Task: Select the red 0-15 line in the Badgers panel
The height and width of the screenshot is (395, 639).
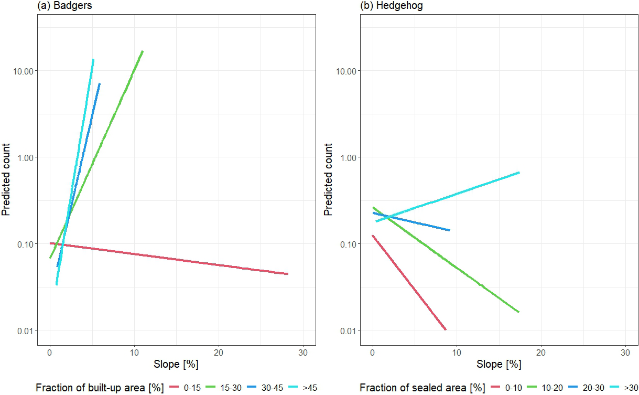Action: tap(168, 259)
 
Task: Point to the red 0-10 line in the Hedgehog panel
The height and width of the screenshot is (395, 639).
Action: tap(409, 283)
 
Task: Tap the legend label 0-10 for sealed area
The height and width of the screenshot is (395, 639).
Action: tap(514, 388)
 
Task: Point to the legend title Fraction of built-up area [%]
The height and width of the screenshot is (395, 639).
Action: tap(100, 388)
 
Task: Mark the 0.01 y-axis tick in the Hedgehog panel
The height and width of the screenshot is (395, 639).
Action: tap(349, 330)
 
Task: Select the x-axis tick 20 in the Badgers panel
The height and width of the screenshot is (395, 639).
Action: tap(218, 351)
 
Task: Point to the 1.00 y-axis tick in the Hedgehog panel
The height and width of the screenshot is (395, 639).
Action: tap(349, 157)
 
